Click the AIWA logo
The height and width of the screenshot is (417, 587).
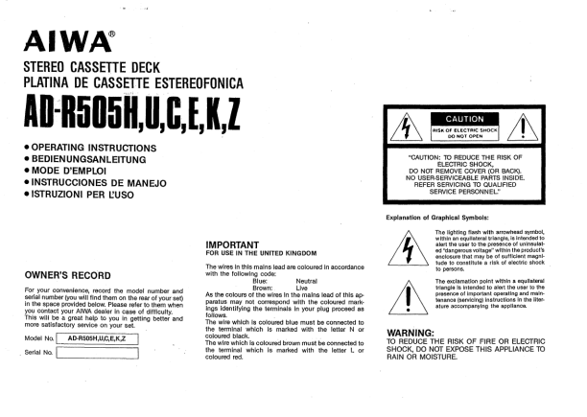pos(63,43)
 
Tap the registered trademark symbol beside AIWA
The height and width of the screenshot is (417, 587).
pos(113,34)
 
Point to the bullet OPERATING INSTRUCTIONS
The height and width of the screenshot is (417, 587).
pos(90,148)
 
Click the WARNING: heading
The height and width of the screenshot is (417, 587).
pos(411,333)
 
